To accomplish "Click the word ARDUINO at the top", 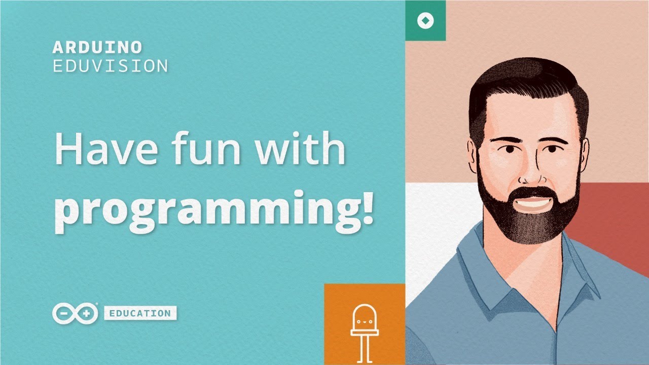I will pos(97,48).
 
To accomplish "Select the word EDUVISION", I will pos(111,66).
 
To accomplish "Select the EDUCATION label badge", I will pos(140,313).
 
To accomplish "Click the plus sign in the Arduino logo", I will pos(86,313).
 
